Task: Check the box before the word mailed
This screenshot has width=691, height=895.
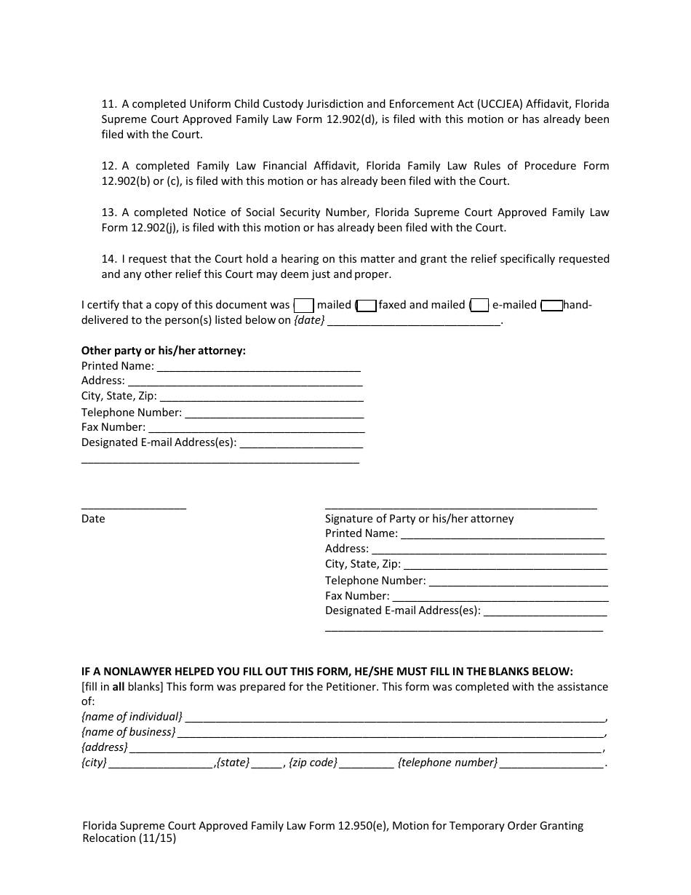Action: pos(303,306)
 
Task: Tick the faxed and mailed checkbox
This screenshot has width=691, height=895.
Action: pos(367,306)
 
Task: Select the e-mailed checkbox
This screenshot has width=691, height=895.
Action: pos(479,306)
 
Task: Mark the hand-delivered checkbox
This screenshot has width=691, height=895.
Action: pos(552,306)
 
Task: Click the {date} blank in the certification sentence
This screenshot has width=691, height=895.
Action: pos(414,321)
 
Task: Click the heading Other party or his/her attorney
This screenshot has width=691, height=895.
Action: pos(164,351)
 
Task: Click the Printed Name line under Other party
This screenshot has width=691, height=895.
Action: pos(259,367)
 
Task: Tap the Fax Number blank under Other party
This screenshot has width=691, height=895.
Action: pos(255,428)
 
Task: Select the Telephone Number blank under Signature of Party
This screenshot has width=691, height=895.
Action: pos(518,581)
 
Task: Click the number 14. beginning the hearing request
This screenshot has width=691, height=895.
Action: pos(109,259)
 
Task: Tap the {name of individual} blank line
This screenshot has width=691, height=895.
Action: pos(395,717)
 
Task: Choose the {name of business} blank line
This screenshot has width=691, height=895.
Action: pos(391,733)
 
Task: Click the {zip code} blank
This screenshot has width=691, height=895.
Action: pos(367,763)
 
